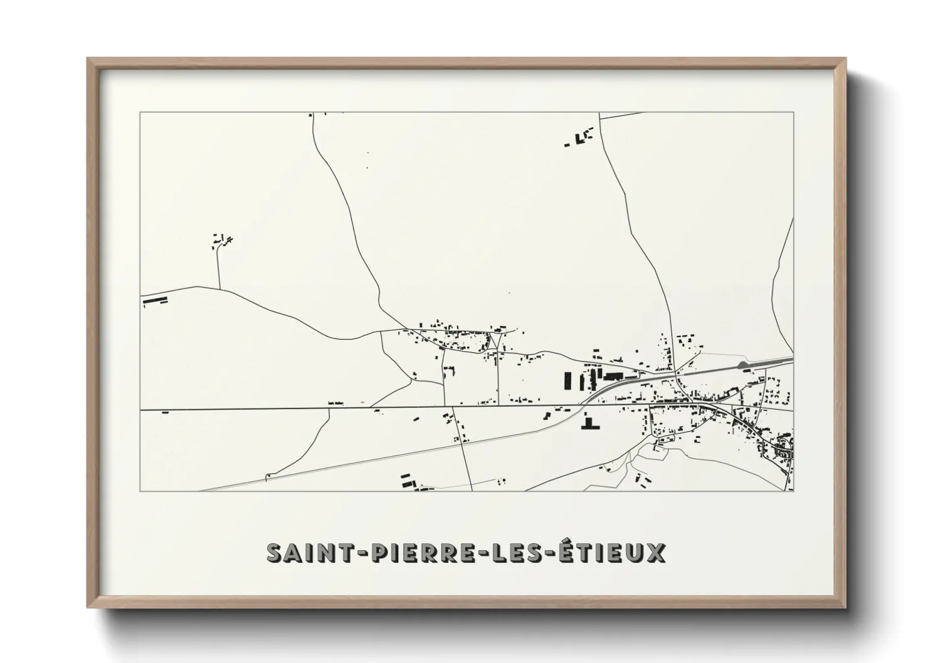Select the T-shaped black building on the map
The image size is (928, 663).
(589, 424)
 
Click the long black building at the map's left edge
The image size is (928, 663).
(156, 301)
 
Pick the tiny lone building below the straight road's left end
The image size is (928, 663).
(166, 412)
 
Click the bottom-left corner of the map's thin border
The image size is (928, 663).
(140, 491)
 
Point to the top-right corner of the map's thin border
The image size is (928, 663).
(793, 113)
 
